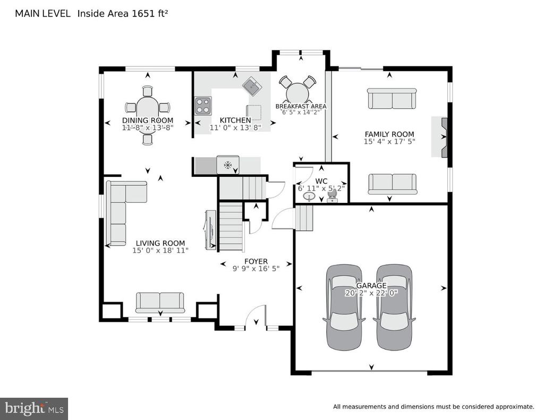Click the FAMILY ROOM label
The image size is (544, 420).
(389, 134)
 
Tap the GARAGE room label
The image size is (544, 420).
(371, 286)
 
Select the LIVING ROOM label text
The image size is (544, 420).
(160, 243)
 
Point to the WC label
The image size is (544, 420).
(321, 181)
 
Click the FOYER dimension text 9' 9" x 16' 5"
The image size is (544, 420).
(256, 269)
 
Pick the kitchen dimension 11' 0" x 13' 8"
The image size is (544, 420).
(235, 127)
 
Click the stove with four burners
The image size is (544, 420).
(203, 106)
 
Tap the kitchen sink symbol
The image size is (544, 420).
(252, 86)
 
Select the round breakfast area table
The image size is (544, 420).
(297, 93)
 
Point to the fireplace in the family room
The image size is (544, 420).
(444, 138)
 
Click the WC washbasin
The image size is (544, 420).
(309, 196)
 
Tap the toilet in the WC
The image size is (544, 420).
(332, 196)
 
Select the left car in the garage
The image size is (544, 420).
(344, 307)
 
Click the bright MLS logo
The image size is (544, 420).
(34, 408)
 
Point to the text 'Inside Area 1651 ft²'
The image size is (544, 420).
(123, 13)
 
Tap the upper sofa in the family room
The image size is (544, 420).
(392, 99)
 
